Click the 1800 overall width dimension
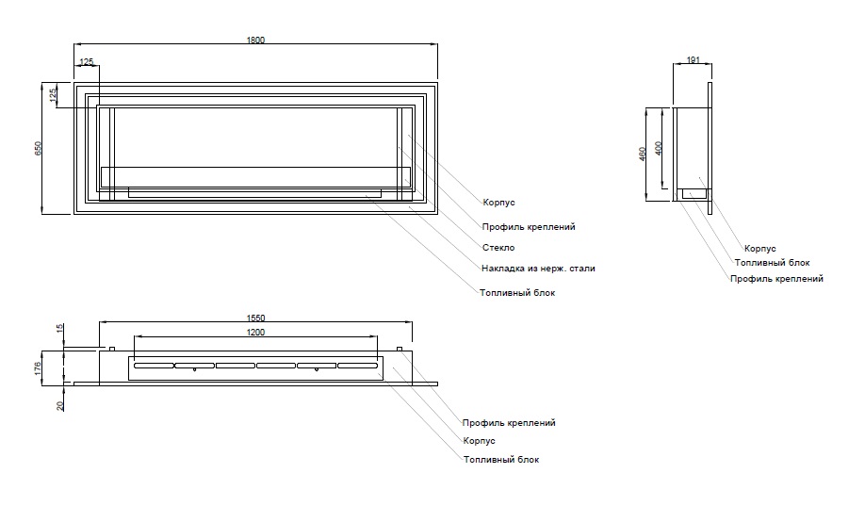click(x=255, y=40)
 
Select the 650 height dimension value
click(x=39, y=149)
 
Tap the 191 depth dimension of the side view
click(x=693, y=60)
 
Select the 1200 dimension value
click(x=255, y=333)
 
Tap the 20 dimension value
click(x=61, y=404)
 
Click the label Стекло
click(x=498, y=248)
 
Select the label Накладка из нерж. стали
click(x=538, y=269)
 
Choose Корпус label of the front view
click(x=498, y=203)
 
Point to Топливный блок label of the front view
click(x=517, y=293)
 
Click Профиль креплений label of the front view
click(x=528, y=227)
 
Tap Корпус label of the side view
click(x=759, y=249)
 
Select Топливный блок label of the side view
click(x=772, y=263)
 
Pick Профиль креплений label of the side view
click(x=776, y=279)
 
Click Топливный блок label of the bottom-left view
click(x=501, y=460)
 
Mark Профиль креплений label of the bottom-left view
click(x=509, y=423)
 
